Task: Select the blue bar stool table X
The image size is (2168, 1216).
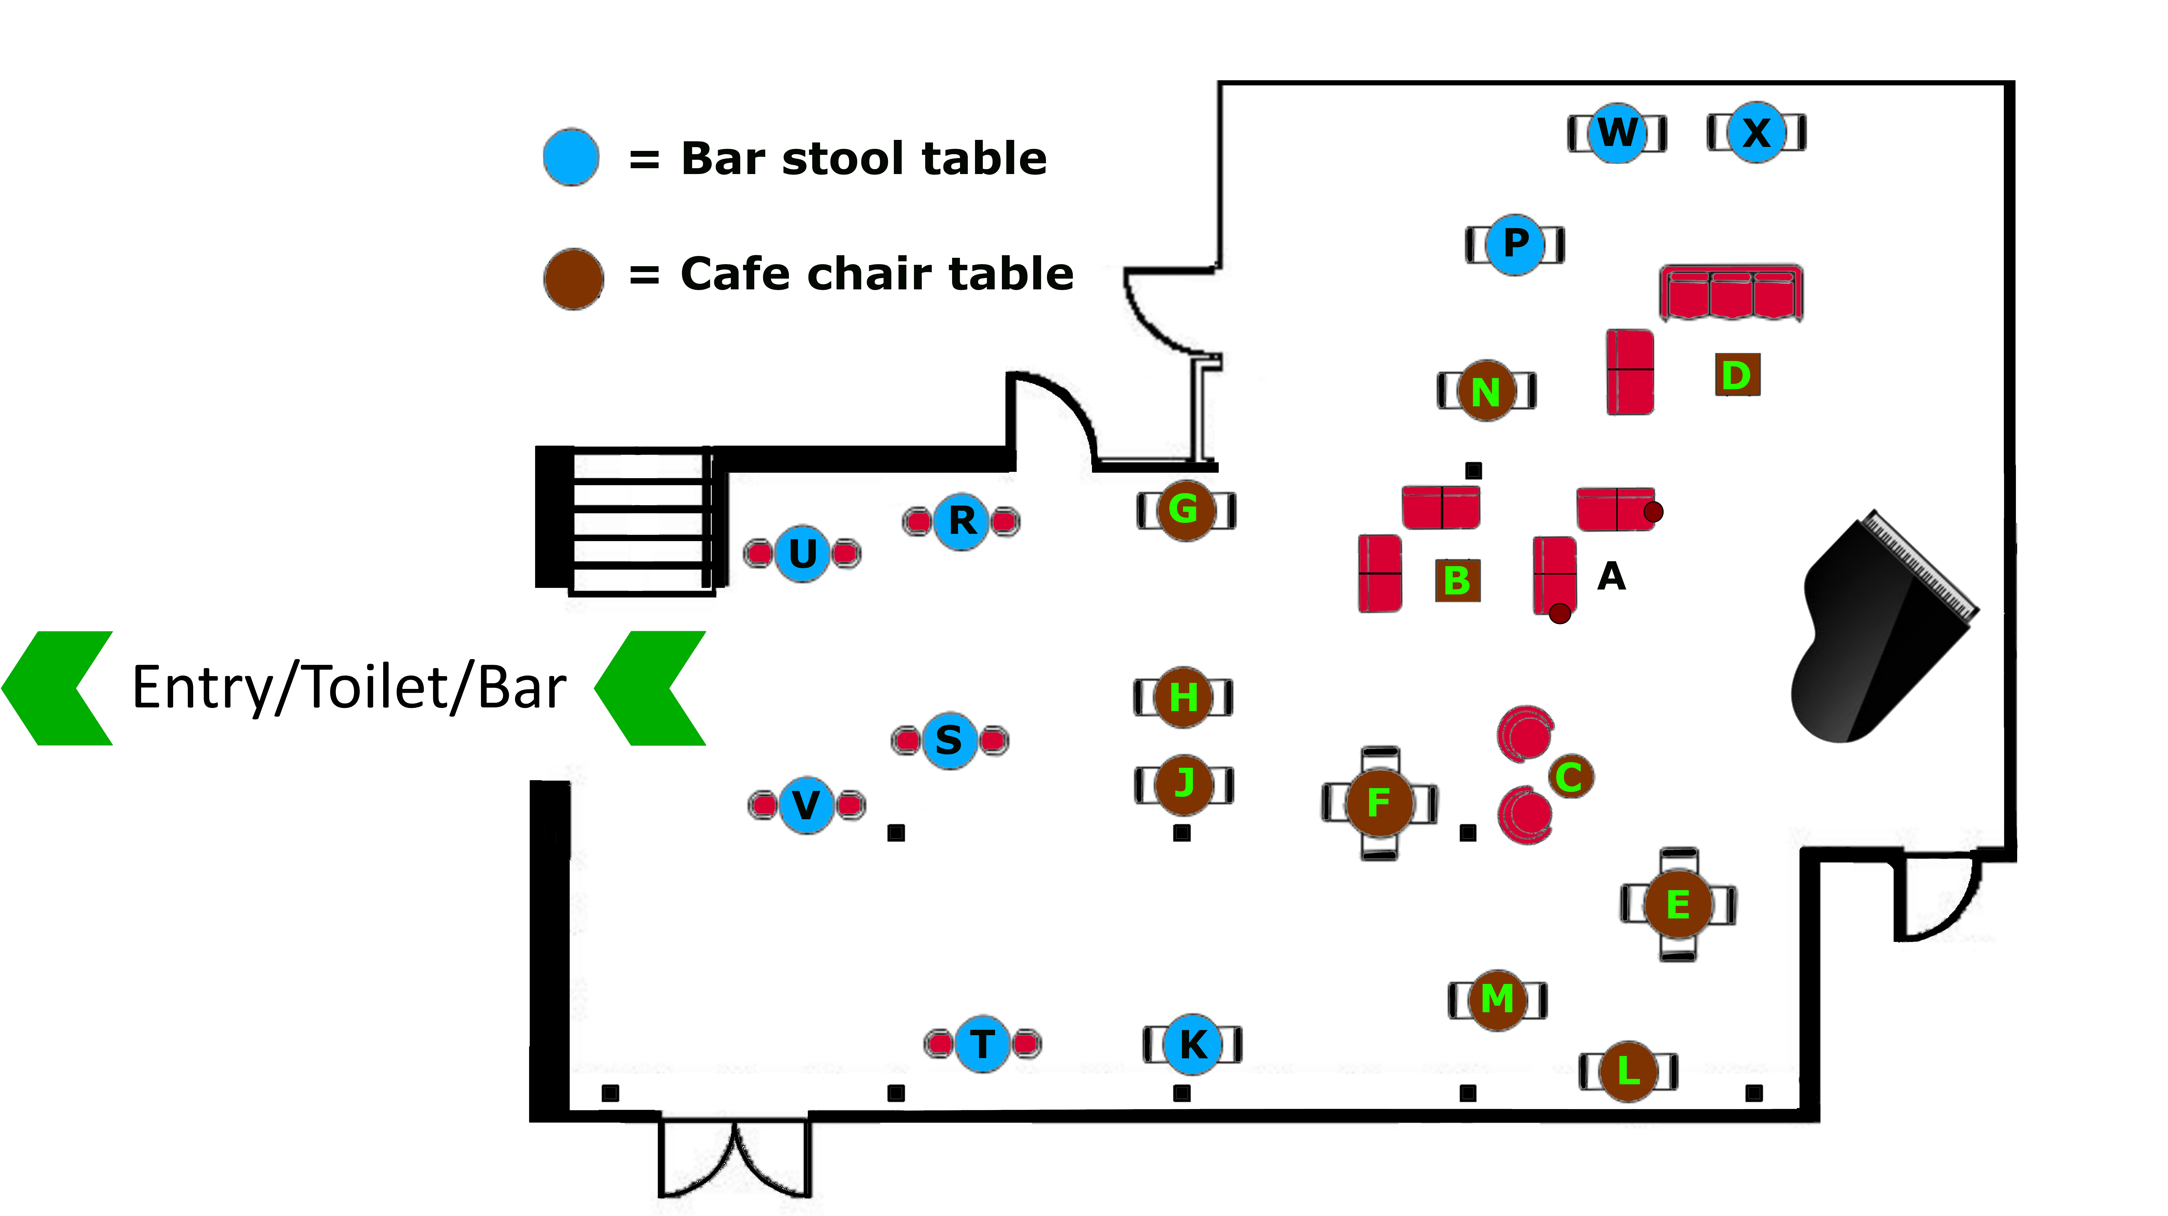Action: tap(1756, 132)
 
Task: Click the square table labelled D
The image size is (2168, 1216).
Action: tap(1737, 375)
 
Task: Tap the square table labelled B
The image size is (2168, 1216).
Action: tap(1457, 580)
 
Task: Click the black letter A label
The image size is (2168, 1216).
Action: tap(1611, 577)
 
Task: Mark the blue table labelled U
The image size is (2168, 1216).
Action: tap(802, 553)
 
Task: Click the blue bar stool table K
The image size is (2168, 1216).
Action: tap(1192, 1044)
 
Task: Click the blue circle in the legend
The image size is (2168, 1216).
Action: tap(571, 157)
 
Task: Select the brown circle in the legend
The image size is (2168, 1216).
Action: tap(573, 279)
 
